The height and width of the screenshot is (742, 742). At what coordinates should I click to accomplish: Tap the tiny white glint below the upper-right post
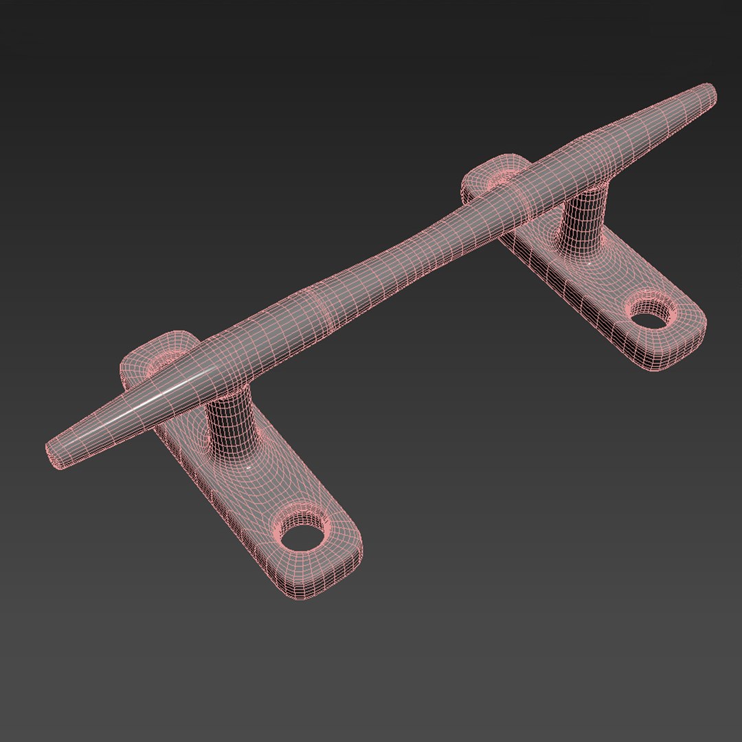pos(591,261)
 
